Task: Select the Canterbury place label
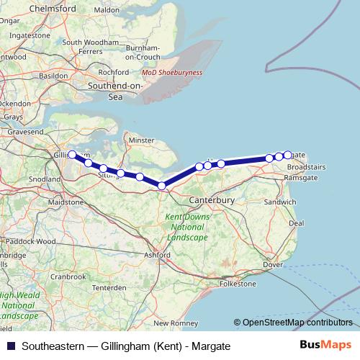(x=212, y=199)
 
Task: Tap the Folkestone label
(x=238, y=284)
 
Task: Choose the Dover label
(x=272, y=265)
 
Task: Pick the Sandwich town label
(x=279, y=203)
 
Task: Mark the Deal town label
(x=296, y=223)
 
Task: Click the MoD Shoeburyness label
(x=172, y=73)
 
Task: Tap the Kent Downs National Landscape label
(x=186, y=227)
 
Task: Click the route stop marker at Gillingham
(x=72, y=155)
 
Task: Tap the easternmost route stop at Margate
(x=288, y=155)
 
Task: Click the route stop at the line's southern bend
(x=162, y=186)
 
